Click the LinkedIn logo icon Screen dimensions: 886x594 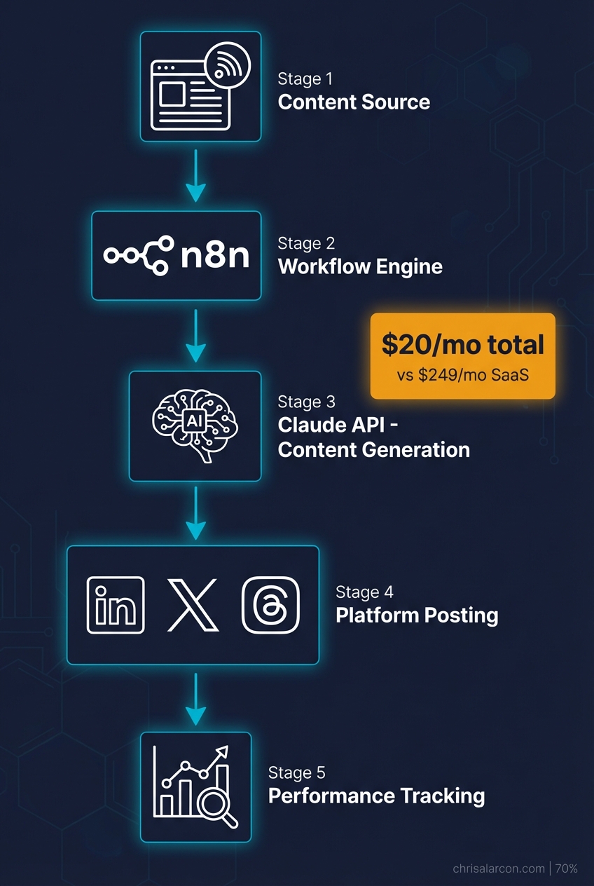point(115,605)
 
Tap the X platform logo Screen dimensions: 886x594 point(193,605)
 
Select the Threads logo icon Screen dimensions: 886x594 point(270,605)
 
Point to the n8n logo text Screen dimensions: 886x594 point(215,257)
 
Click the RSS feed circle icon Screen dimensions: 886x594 point(226,67)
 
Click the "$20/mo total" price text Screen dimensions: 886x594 point(462,345)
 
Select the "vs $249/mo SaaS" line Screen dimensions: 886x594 point(462,375)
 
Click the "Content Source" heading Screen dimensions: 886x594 point(354,102)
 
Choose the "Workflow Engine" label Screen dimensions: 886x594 point(360,267)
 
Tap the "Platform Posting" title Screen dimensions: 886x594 point(417,615)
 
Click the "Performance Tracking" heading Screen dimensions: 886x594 point(376,796)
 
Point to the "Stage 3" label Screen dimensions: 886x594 point(306,402)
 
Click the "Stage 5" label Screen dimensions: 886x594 point(296,772)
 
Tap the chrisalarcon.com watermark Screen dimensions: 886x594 point(499,868)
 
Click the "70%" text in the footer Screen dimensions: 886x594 point(567,868)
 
